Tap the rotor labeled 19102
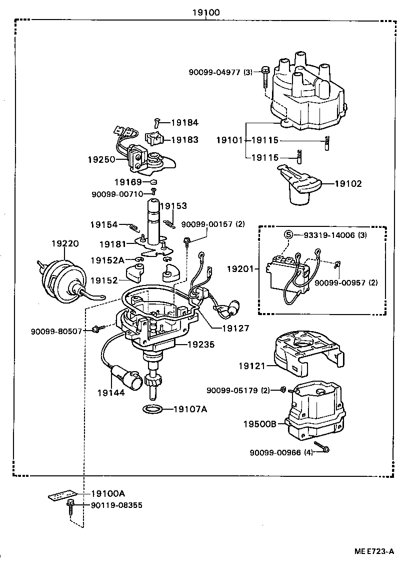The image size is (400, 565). (300, 185)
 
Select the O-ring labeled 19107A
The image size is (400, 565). (152, 409)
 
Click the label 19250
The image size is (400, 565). (101, 159)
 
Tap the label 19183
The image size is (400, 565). (184, 140)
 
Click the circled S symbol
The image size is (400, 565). (288, 234)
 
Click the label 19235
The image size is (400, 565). (201, 345)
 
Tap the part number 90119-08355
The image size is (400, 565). (116, 505)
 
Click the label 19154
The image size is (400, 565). (104, 225)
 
